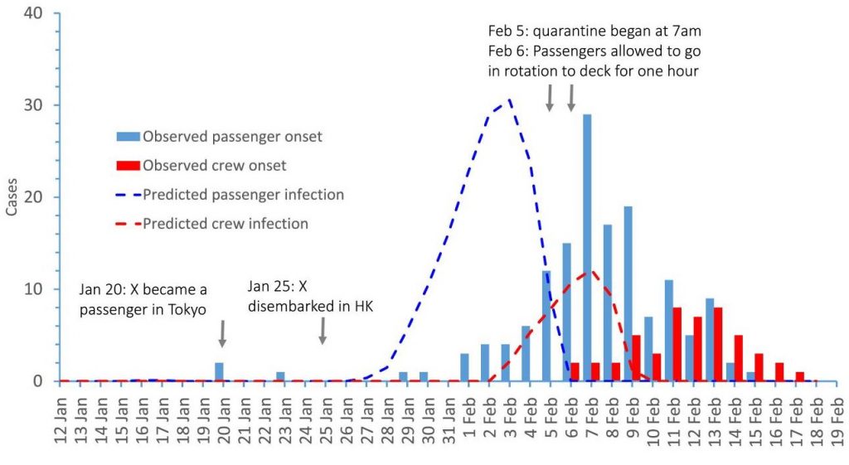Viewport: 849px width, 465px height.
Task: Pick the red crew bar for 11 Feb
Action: (677, 344)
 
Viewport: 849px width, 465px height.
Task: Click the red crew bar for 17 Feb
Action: (799, 376)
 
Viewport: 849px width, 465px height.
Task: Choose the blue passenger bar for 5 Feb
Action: (546, 326)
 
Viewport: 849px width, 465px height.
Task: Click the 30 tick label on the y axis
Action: (40, 105)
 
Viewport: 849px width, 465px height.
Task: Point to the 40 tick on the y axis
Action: (40, 13)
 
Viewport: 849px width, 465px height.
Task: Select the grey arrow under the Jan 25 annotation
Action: (323, 331)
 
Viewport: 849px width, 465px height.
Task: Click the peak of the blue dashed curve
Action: (509, 100)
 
